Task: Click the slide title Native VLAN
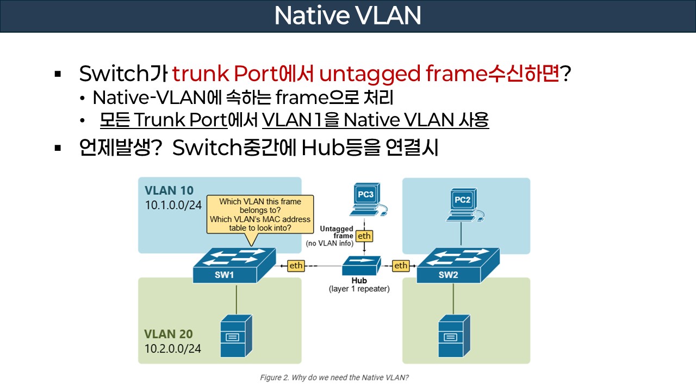(347, 16)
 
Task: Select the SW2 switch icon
(458, 265)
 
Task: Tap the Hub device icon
(359, 266)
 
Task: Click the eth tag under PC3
(363, 236)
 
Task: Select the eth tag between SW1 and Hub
(296, 266)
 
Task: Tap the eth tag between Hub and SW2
(401, 266)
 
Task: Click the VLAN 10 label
(169, 191)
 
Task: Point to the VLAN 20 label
(169, 334)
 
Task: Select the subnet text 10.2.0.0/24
(173, 348)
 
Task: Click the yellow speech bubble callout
(260, 215)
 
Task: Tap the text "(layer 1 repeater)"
(359, 289)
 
